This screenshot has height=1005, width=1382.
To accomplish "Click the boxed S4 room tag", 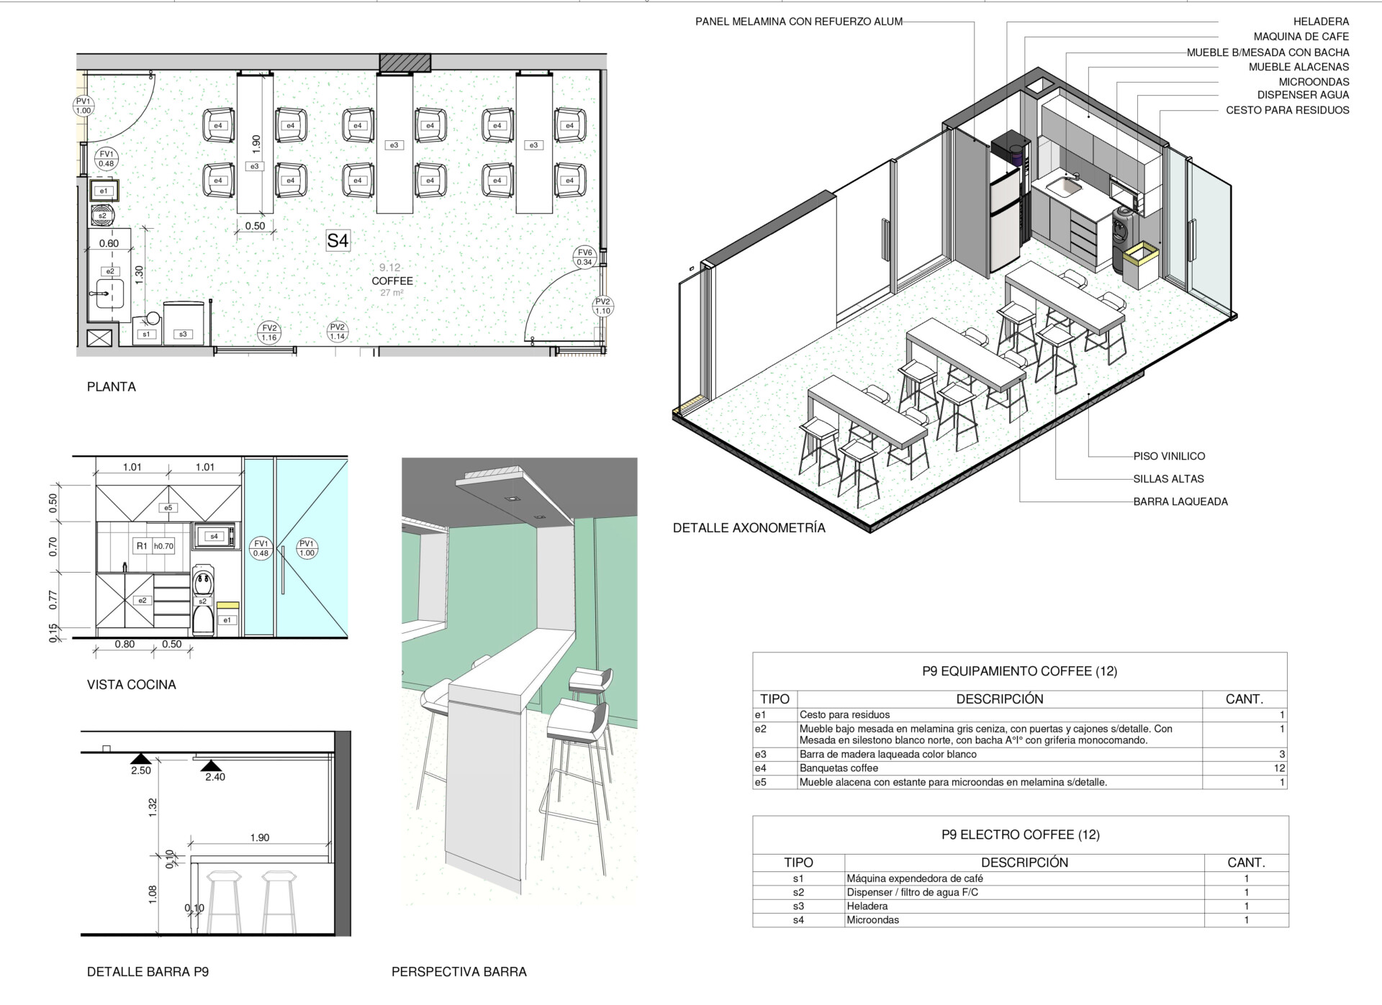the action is [x=338, y=240].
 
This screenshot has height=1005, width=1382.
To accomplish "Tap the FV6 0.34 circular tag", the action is [x=584, y=257].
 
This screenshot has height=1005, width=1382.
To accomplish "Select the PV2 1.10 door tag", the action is [x=602, y=306].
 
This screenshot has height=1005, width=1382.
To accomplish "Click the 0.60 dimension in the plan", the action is [x=109, y=244].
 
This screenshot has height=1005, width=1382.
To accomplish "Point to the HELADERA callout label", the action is [x=1321, y=22].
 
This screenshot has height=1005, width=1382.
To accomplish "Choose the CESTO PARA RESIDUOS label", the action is [x=1288, y=110].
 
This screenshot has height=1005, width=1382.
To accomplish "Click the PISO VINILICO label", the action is [x=1169, y=456].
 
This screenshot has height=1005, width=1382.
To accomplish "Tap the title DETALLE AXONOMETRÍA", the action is [x=749, y=528].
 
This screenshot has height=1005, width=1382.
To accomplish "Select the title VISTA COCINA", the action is [x=132, y=685].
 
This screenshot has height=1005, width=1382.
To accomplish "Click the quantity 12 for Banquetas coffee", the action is [x=1278, y=768].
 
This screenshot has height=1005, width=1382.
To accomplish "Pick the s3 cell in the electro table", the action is [x=798, y=906].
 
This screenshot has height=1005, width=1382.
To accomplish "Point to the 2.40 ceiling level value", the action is [x=215, y=777].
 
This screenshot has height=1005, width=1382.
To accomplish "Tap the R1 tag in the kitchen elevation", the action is [x=142, y=546].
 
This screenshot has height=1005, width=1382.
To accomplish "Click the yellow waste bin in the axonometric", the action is [x=1141, y=265].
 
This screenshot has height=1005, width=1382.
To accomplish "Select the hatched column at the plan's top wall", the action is [x=405, y=63].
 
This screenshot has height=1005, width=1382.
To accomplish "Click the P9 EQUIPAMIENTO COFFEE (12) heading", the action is [x=1019, y=671].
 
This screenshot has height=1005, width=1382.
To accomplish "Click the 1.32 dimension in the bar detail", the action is [x=153, y=807].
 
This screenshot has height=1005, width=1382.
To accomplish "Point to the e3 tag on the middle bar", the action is [x=394, y=145].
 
